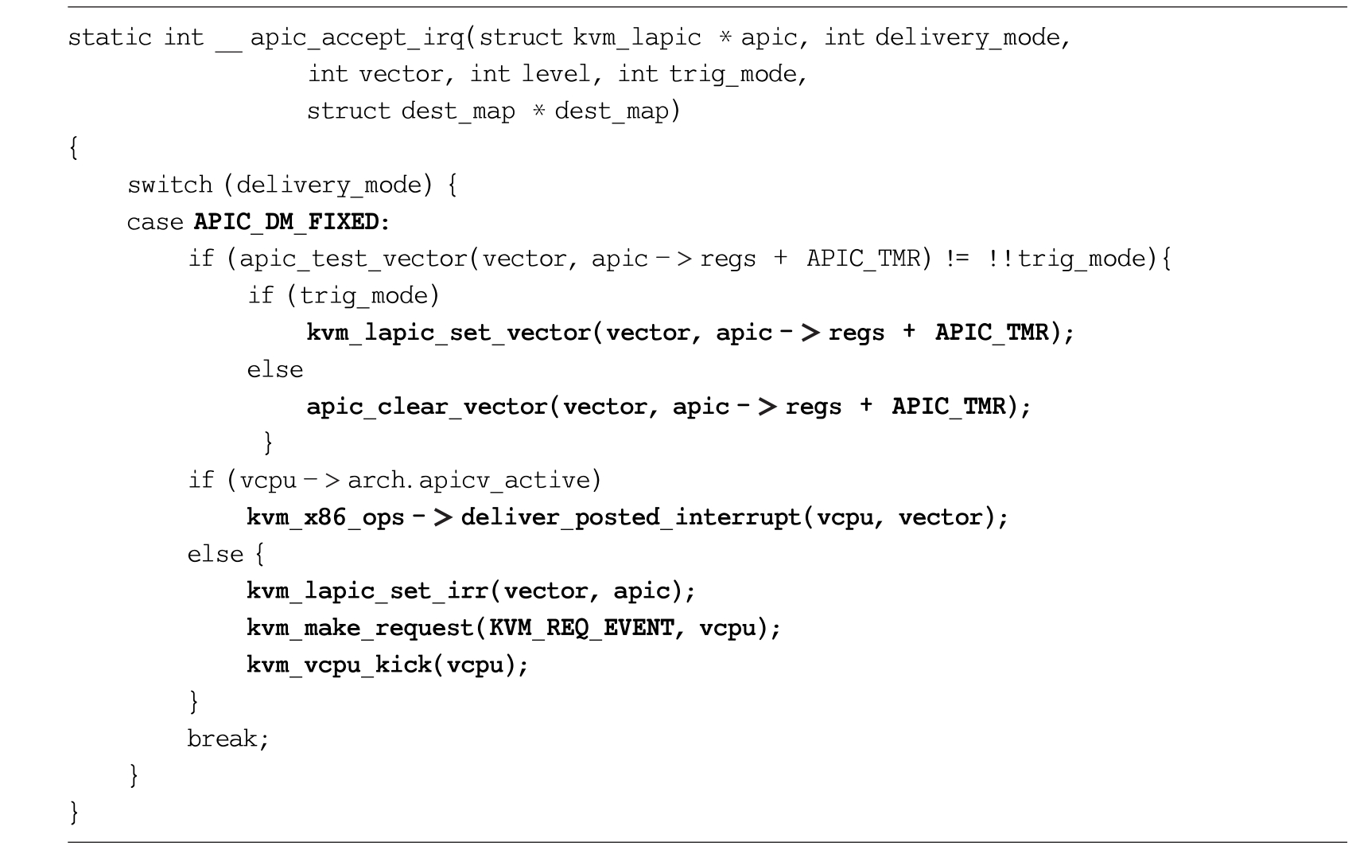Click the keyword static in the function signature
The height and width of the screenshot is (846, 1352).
click(x=109, y=37)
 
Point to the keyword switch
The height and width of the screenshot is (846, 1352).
click(x=169, y=185)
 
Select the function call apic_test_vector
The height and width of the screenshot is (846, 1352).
click(x=353, y=259)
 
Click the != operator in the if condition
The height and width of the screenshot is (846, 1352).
click(x=957, y=259)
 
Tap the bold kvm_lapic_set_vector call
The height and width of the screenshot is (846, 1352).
click(x=449, y=333)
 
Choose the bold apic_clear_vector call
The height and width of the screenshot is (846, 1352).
click(x=427, y=407)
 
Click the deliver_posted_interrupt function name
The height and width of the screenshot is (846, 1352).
click(x=630, y=517)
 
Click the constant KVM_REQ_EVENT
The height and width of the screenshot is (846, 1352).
click(x=581, y=629)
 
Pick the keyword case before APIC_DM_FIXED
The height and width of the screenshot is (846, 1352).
click(x=155, y=222)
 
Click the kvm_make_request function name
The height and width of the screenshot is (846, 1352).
click(x=360, y=629)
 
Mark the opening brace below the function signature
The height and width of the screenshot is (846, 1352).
click(x=74, y=148)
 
